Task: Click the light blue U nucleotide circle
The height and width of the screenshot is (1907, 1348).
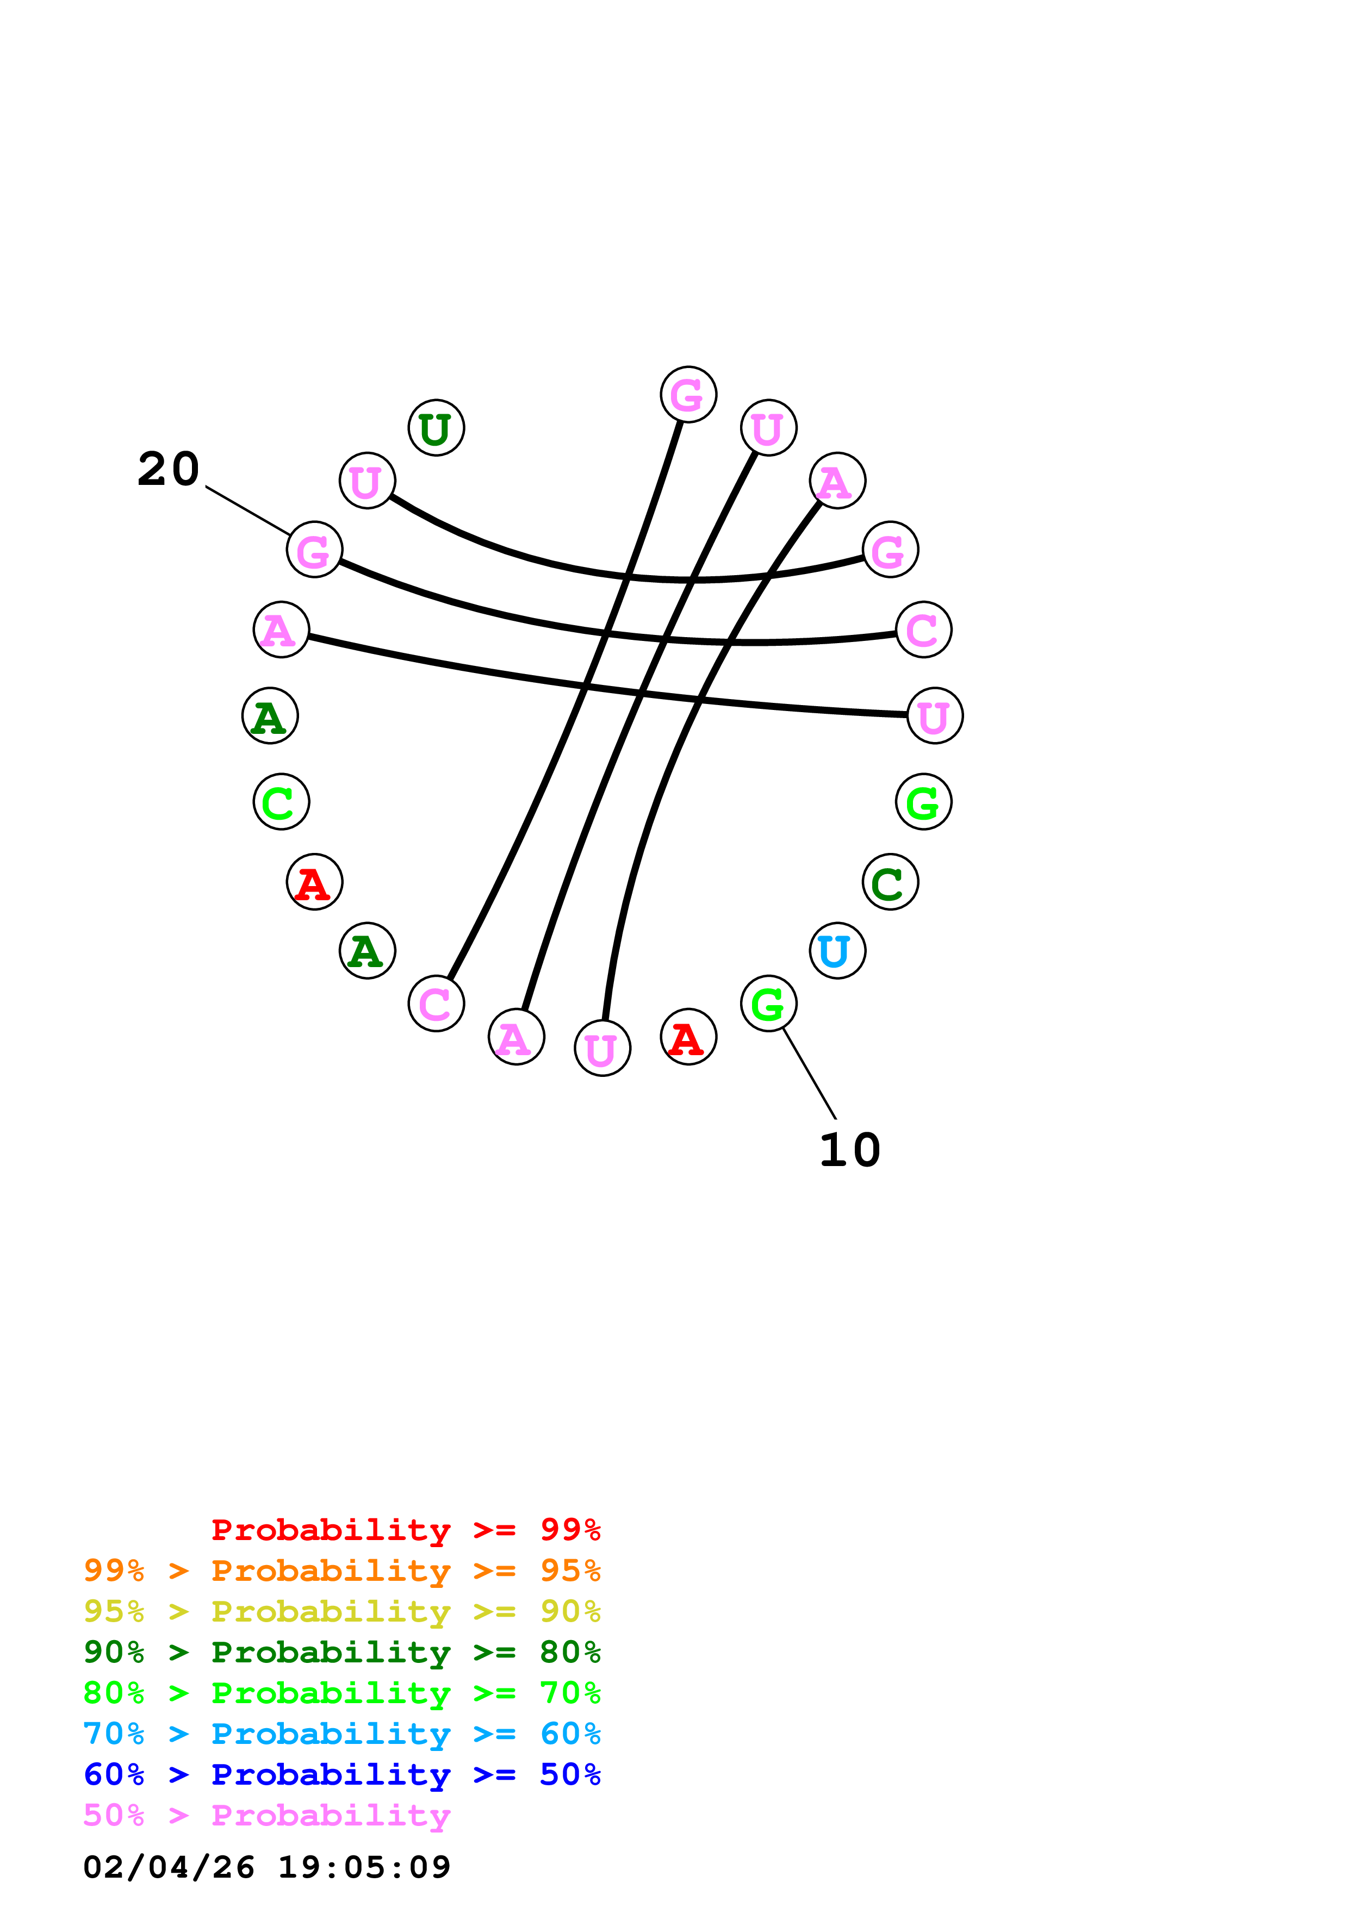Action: pyautogui.click(x=837, y=950)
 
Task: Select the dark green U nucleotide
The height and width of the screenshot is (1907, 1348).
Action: pyautogui.click(x=436, y=428)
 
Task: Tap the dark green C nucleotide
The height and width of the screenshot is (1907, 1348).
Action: pyautogui.click(x=890, y=882)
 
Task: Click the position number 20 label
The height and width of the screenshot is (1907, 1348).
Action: pyautogui.click(x=169, y=469)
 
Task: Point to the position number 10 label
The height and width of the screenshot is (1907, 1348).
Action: pyautogui.click(x=850, y=1150)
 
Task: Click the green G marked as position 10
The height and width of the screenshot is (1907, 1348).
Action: pyautogui.click(x=768, y=1004)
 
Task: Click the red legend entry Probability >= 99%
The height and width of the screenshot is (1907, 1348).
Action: pyautogui.click(x=405, y=1529)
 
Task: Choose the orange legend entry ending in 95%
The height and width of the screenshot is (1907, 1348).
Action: pyautogui.click(x=341, y=1571)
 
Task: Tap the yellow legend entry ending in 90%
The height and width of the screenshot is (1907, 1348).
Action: pyautogui.click(x=341, y=1611)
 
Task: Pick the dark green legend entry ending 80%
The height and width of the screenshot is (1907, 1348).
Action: pyautogui.click(x=341, y=1652)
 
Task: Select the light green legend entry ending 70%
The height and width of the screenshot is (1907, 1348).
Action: pyautogui.click(x=341, y=1693)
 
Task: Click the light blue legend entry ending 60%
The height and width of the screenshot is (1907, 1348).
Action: pyautogui.click(x=341, y=1734)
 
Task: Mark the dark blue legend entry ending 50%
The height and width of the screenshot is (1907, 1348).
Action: pyautogui.click(x=341, y=1774)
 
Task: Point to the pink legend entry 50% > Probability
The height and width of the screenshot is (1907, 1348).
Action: pyautogui.click(x=266, y=1815)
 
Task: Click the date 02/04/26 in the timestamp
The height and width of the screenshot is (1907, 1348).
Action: pyautogui.click(x=169, y=1867)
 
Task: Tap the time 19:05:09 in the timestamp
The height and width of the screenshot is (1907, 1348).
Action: pyautogui.click(x=364, y=1867)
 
